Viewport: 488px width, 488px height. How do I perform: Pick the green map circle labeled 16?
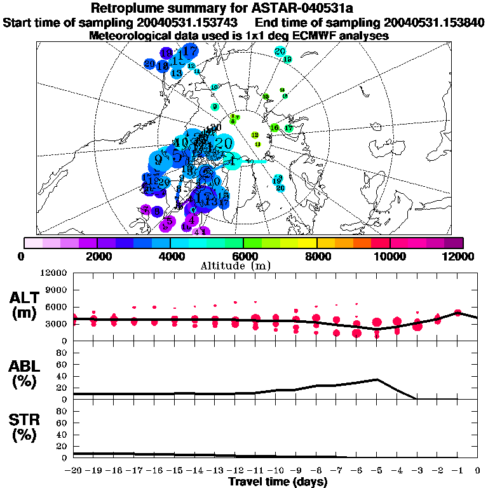[274, 128]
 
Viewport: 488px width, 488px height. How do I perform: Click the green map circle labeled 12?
[255, 135]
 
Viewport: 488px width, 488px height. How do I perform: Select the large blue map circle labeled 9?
[158, 159]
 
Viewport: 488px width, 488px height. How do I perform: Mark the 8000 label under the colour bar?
[316, 256]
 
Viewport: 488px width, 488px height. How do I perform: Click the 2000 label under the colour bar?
[96, 256]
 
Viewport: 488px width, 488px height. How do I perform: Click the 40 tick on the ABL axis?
[61, 376]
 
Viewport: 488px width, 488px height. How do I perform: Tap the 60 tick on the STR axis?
[61, 423]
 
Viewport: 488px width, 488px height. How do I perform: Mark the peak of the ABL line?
[377, 379]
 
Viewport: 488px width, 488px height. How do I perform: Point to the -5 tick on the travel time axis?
[377, 470]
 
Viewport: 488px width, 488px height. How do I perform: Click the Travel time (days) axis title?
[278, 482]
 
